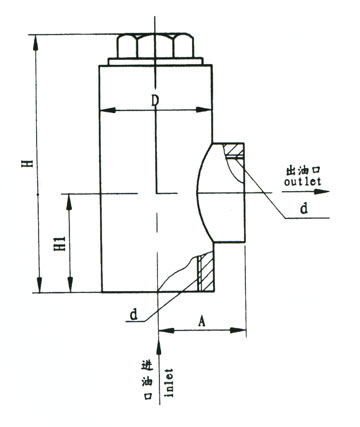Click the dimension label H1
pos(60,244)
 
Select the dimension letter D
pos(155,101)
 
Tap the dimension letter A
pos(202,322)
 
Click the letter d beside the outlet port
pos(304,209)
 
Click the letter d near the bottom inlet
pos(134,314)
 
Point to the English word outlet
pos(302,181)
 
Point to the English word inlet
pos(169,382)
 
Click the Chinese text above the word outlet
pos(303,171)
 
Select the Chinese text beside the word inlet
pos(148,380)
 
